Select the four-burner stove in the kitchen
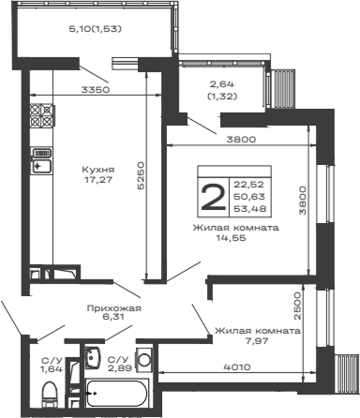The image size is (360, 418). pos(40,115)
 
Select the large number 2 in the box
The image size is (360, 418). pos(213,198)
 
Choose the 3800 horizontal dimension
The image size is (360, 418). pos(240,140)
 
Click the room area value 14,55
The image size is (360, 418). pos(236,239)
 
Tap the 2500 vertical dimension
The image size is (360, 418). pos(297,305)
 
